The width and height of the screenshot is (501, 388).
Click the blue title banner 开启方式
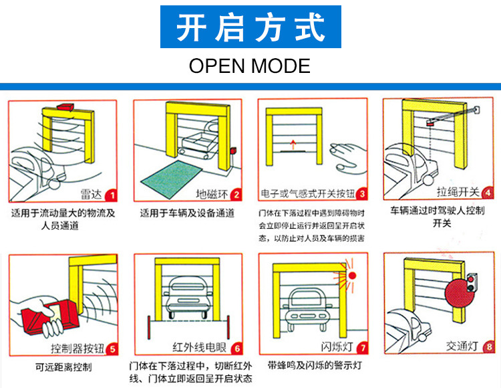[250, 27]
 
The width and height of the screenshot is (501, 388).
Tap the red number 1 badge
[111, 195]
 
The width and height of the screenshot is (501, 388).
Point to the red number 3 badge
[361, 195]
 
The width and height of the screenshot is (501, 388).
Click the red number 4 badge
[487, 193]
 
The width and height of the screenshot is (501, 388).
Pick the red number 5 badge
[112, 348]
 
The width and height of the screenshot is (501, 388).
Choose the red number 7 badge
[361, 348]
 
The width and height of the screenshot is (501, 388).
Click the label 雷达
[91, 195]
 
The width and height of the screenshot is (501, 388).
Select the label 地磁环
[212, 195]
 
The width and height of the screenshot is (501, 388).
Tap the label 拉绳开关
[458, 193]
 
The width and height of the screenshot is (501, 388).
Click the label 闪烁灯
[336, 348]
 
